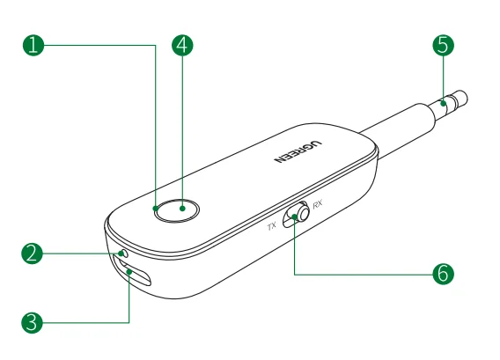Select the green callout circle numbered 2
[33, 253]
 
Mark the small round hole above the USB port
[122, 253]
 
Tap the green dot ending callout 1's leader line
[155, 209]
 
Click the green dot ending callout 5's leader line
[443, 105]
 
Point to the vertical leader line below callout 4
[182, 132]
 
